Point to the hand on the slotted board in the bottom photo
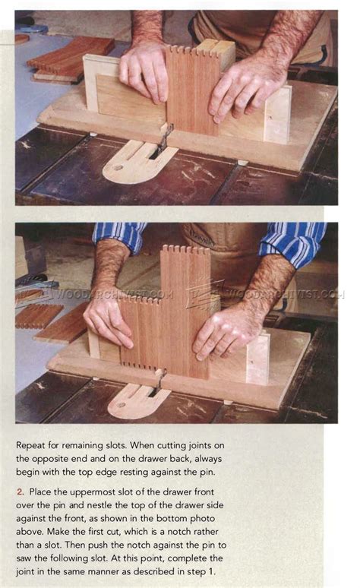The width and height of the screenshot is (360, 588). tap(108, 319)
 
